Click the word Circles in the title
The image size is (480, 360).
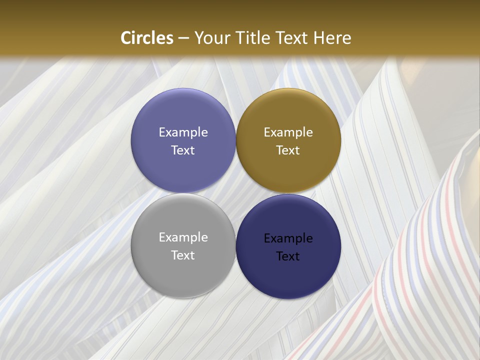pos(146,38)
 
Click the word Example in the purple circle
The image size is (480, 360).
pos(183,132)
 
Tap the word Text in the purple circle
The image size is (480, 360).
pos(183,150)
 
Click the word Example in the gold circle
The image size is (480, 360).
pos(288,132)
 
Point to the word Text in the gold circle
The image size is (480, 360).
pos(288,150)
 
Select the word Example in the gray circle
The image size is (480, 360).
pos(183,237)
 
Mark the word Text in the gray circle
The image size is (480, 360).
pos(183,255)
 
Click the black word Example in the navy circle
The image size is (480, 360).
pos(288,238)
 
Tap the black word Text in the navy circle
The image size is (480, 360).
pos(288,256)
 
